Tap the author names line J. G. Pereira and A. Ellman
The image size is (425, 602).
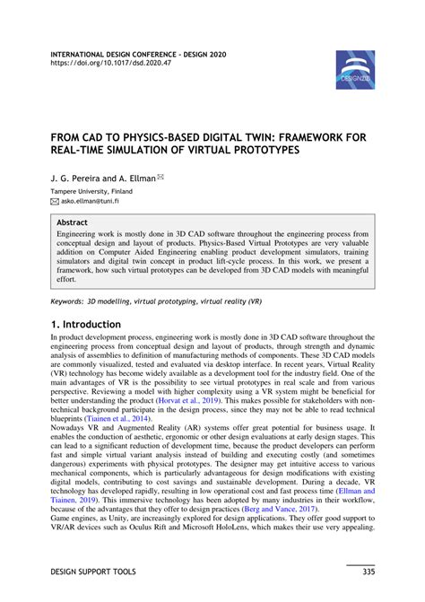[102, 179]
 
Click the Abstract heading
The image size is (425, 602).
[72, 221]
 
